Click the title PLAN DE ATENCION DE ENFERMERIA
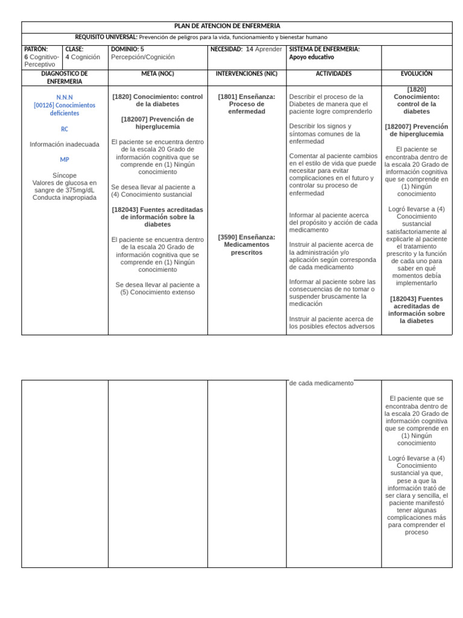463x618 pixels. [227, 26]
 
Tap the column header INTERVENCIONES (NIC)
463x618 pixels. [247, 74]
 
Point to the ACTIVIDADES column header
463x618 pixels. [333, 74]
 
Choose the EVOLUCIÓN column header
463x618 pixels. [416, 74]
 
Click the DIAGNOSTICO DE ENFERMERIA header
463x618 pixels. [65, 77]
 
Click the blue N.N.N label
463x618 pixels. [65, 97]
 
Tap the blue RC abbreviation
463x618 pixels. [65, 129]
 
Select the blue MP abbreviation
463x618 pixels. [65, 159]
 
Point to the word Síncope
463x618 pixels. [65, 176]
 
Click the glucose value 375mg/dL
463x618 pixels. [78, 190]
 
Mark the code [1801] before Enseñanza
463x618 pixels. [228, 97]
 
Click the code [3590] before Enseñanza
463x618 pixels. [228, 237]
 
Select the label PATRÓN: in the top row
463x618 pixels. [36, 49]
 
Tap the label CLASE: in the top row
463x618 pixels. [75, 49]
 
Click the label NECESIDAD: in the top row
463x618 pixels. [227, 49]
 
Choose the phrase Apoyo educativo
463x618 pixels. [312, 57]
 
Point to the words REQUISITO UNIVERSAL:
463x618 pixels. [106, 37]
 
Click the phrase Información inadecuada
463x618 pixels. [65, 144]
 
